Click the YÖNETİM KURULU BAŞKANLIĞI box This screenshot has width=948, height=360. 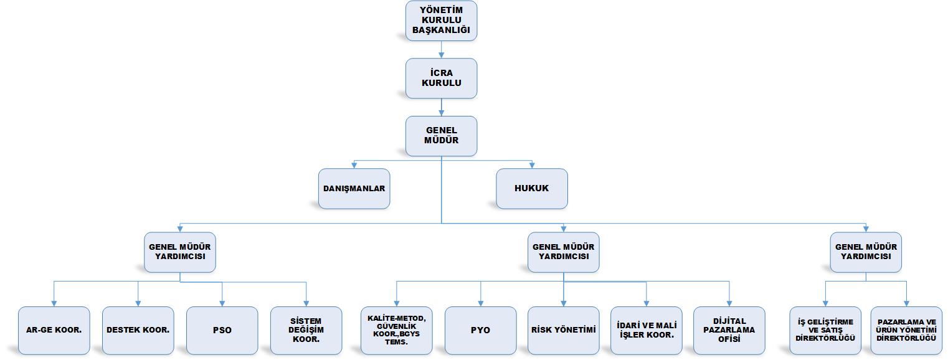(441, 21)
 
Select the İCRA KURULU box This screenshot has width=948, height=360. (441, 78)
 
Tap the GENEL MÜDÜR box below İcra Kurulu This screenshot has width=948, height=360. (441, 136)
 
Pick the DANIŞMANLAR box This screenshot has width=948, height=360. (354, 189)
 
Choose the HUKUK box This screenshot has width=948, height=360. (531, 189)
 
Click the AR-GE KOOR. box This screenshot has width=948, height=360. (54, 330)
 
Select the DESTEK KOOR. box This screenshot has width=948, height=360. (138, 330)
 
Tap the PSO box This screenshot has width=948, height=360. (222, 330)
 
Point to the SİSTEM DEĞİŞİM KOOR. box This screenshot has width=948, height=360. (306, 330)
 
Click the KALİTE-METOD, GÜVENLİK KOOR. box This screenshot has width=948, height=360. (397, 330)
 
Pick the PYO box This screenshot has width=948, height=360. (480, 330)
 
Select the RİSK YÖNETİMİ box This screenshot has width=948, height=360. (563, 330)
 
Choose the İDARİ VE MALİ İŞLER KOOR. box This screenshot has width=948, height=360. (647, 330)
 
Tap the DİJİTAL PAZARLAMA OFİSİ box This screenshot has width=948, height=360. (729, 330)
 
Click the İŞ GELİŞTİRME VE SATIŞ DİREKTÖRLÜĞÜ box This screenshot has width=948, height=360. (825, 330)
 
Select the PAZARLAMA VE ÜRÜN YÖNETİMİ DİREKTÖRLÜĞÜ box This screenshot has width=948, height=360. (906, 330)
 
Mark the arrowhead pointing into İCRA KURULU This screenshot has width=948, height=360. (441, 55)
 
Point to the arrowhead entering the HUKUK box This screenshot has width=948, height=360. (531, 166)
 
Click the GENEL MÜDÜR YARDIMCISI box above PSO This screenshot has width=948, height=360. (180, 252)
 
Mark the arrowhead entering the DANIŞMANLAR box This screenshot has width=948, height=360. (354, 166)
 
